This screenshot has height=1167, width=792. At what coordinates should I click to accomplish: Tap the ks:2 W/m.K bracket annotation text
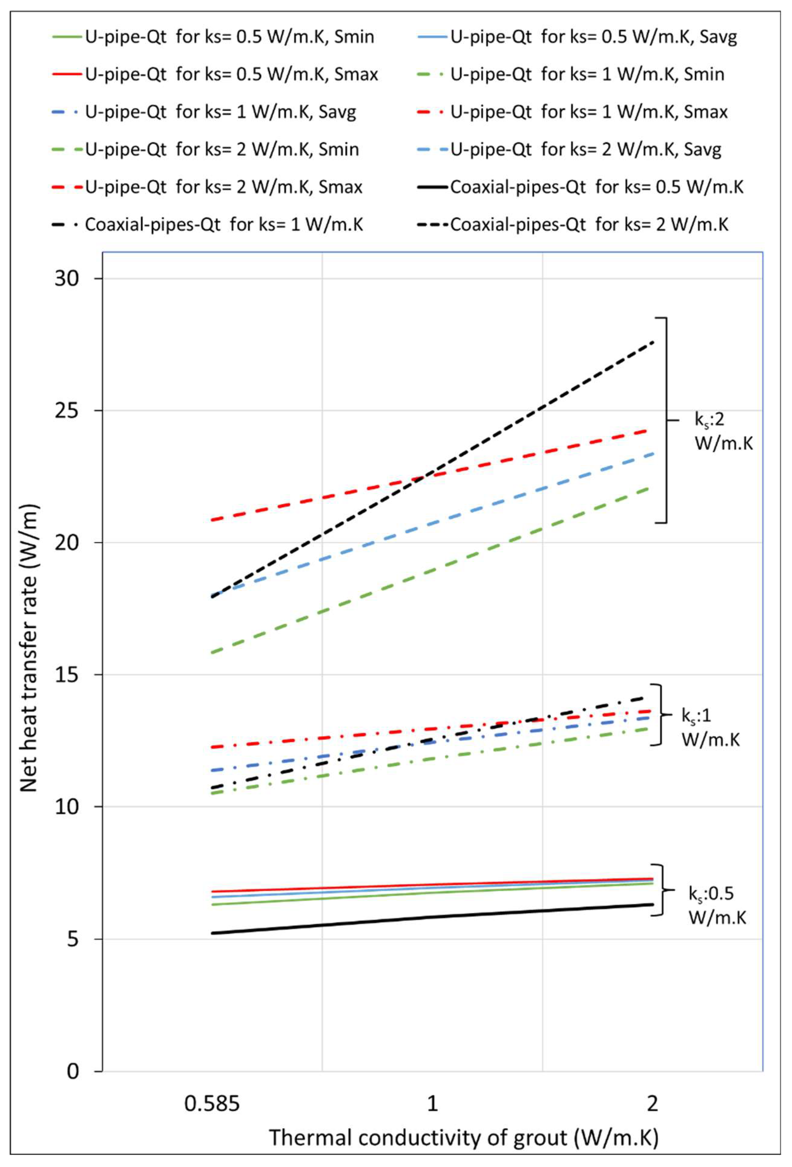(723, 432)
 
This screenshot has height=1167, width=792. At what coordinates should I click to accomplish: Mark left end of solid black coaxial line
(212, 933)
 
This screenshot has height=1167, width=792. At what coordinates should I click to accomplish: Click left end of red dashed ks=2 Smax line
(212, 520)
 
